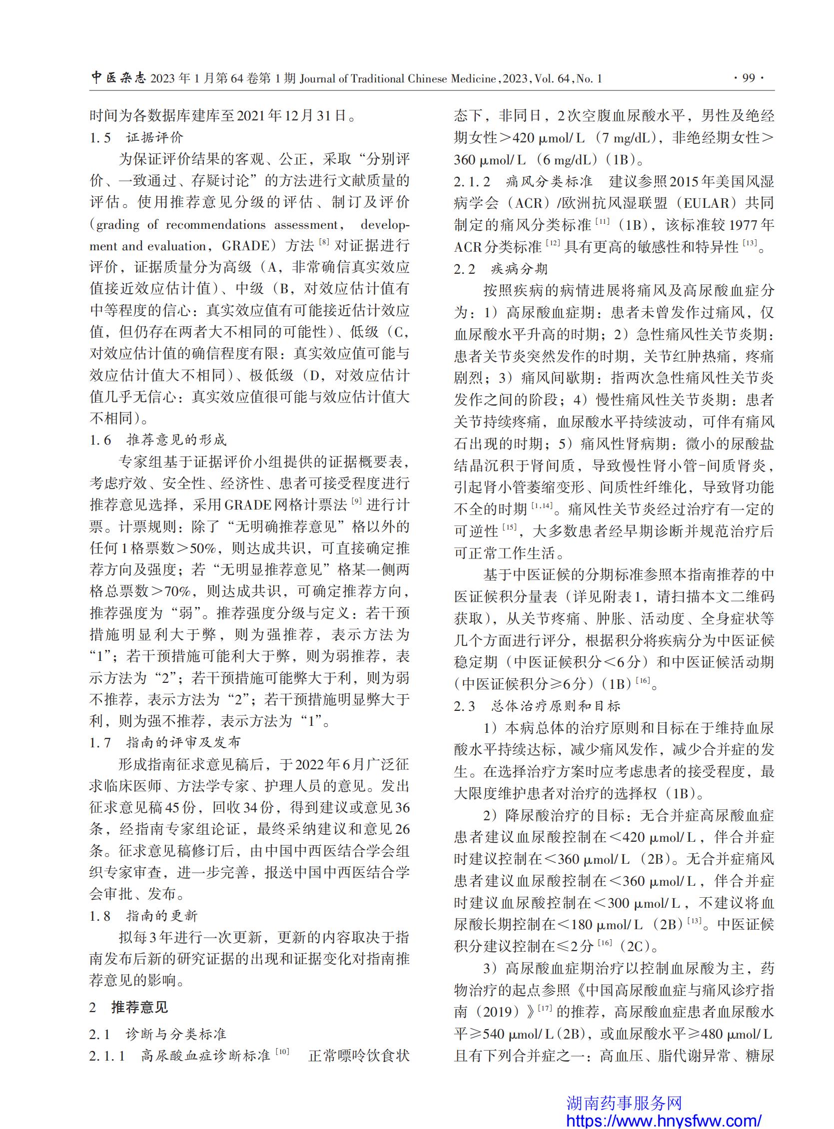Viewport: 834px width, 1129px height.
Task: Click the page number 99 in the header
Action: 749,78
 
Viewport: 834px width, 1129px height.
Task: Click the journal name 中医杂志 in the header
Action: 118,78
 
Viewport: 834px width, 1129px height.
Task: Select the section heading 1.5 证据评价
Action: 137,138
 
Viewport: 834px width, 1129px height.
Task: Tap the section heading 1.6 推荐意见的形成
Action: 158,440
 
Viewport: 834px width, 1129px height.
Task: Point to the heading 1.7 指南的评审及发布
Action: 165,742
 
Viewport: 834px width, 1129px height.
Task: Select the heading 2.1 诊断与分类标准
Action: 158,1035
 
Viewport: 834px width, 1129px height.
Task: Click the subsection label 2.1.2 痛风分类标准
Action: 524,182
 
